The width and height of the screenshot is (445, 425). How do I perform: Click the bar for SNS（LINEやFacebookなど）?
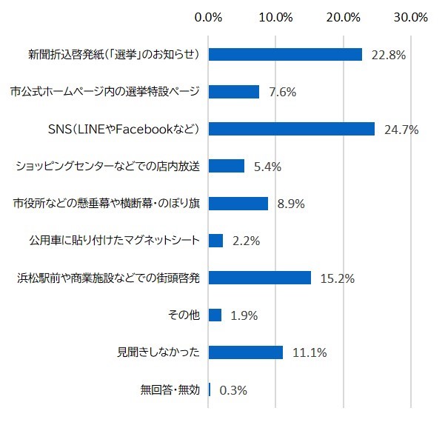tap(292, 129)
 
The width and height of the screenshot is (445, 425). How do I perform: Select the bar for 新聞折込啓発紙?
tap(285, 54)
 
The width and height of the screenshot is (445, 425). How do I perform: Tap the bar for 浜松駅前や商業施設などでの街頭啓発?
tap(260, 278)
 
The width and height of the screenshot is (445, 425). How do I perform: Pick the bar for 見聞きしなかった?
tap(246, 352)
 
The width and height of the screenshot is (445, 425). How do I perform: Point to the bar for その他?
tap(215, 315)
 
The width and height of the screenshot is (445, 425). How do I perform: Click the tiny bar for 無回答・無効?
tap(210, 389)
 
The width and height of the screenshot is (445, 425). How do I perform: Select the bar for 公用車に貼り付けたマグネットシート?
tap(216, 241)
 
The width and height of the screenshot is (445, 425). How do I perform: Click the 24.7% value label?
tap(401, 130)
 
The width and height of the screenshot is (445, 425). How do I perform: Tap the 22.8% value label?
tap(389, 56)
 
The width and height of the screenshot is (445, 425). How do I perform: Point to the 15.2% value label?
tap(338, 279)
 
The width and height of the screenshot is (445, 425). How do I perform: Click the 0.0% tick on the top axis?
tap(208, 16)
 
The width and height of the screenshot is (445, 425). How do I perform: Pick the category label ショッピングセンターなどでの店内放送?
tap(108, 166)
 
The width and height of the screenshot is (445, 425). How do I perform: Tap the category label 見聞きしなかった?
tap(159, 352)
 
